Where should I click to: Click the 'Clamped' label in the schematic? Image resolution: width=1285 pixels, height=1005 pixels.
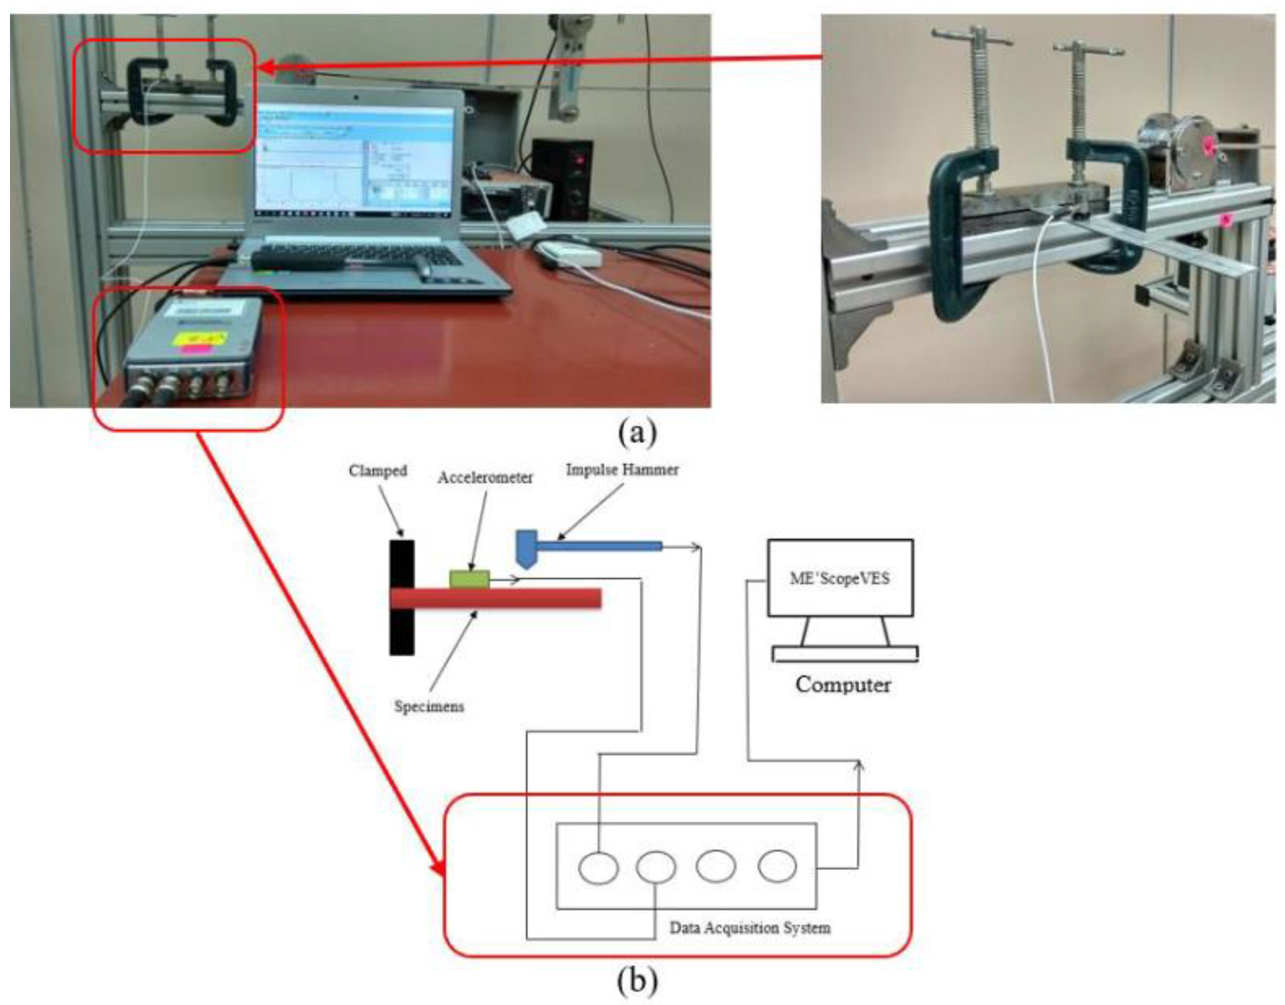coord(377,471)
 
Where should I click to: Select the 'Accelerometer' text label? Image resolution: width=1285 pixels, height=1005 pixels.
coord(484,478)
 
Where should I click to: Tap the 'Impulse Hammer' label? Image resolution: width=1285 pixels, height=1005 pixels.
coord(622,470)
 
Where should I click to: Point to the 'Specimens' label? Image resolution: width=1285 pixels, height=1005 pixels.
coord(429,707)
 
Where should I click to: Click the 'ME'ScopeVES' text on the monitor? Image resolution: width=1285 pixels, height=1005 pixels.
coord(839,578)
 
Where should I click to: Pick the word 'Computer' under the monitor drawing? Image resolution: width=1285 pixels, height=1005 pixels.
coord(842,685)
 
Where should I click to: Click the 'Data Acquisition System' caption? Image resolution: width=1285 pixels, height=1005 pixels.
coord(749,928)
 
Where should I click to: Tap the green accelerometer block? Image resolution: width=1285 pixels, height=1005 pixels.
coord(469,579)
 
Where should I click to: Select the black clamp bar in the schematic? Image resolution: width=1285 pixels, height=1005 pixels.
coord(402,597)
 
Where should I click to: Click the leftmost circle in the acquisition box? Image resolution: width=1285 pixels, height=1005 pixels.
coord(598,868)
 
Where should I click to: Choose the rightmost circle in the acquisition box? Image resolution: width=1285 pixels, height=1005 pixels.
coord(777,866)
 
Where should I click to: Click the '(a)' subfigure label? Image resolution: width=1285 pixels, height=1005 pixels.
coord(637,432)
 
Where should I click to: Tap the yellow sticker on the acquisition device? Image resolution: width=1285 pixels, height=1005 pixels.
coord(200,339)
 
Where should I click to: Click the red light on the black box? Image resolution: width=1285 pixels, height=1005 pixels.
coord(580,161)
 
